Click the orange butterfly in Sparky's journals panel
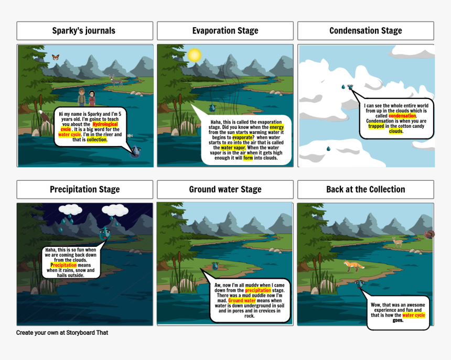pos(56,57)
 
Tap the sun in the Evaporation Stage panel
pos(194,55)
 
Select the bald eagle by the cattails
pos(42,116)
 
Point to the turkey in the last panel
pos(429,234)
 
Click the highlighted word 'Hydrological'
pos(105,124)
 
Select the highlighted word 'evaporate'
pos(242,137)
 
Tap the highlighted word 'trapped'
pos(376,126)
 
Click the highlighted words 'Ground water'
pos(242,301)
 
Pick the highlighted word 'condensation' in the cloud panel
pos(402,116)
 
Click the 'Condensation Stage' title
pos(366,30)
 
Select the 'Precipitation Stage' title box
pos(85,189)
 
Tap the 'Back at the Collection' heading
pos(366,189)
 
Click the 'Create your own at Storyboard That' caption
pos(62,333)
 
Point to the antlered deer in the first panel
pos(115,81)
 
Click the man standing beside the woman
pos(82,97)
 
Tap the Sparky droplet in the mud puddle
pos(215,266)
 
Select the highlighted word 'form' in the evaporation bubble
pos(248,158)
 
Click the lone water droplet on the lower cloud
pos(328,148)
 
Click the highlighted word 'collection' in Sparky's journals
pos(96,139)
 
